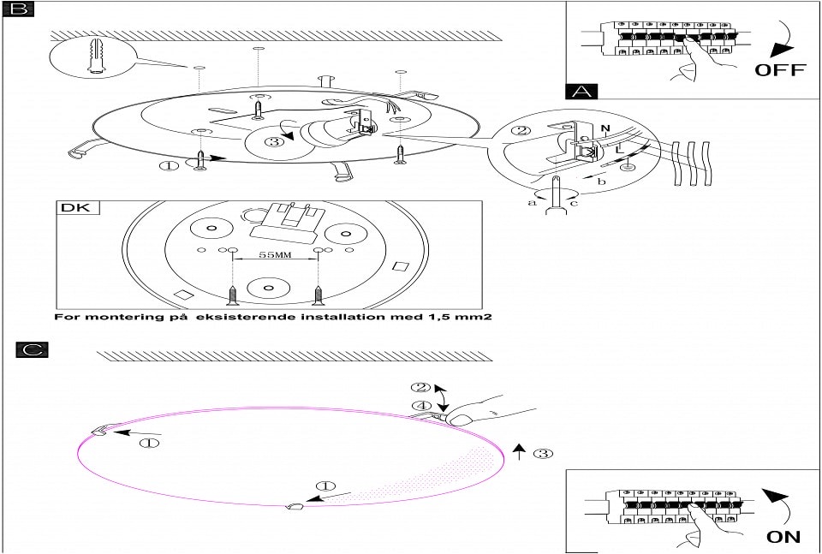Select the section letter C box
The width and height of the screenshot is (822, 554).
tap(32, 349)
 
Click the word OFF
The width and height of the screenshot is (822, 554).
tap(779, 69)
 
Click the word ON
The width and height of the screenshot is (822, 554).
tap(783, 537)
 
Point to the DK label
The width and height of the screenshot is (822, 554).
tap(78, 208)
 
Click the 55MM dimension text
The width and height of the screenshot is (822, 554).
tap(274, 255)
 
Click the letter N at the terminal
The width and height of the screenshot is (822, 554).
tap(605, 130)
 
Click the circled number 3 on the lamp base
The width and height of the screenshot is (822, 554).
tap(273, 141)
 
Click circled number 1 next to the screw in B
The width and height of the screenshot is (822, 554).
tap(170, 164)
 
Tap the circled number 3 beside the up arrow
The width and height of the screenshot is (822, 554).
tap(542, 453)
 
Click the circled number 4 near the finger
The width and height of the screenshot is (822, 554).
tap(420, 406)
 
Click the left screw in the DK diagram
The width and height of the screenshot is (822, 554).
tap(231, 295)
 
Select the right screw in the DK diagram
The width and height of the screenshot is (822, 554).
tap(319, 295)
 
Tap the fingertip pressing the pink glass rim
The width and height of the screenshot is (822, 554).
tap(458, 419)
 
